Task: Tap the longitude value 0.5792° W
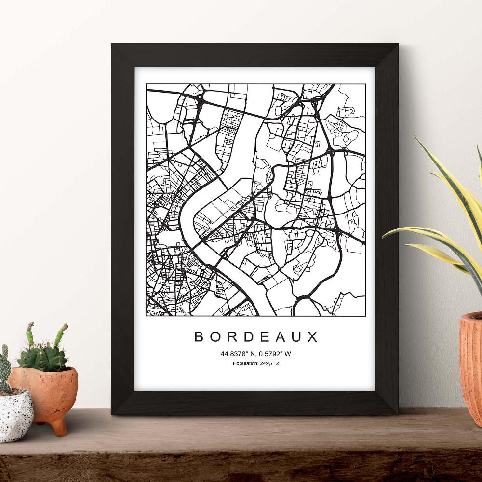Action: point(274,354)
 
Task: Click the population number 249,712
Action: point(269,363)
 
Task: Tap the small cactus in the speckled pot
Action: point(5,369)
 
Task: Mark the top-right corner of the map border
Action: point(365,84)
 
